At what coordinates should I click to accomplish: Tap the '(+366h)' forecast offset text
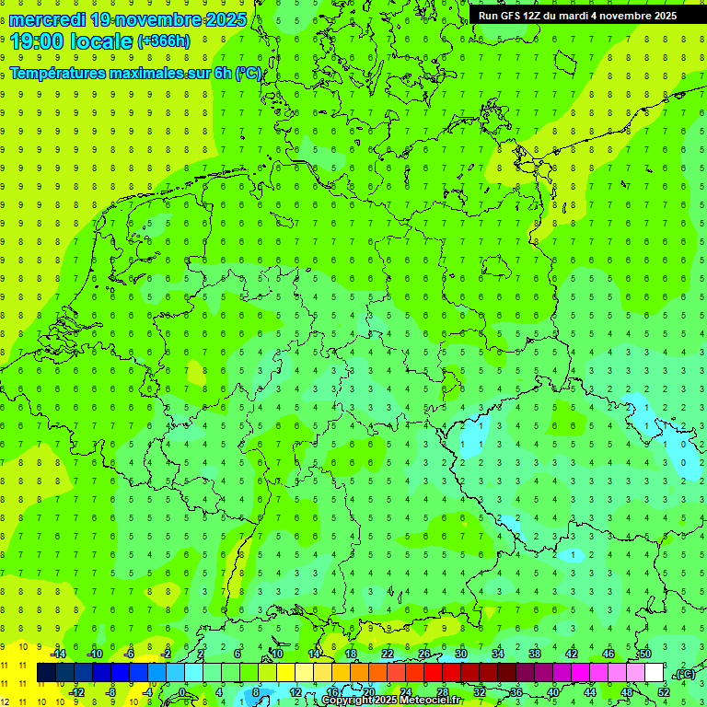pyautogui.click(x=163, y=41)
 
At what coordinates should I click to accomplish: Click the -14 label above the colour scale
pyautogui.click(x=58, y=654)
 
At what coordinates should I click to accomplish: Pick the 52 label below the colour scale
pyautogui.click(x=664, y=691)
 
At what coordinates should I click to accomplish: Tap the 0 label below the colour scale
pyautogui.click(x=181, y=691)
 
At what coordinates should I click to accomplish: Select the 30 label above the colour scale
pyautogui.click(x=460, y=654)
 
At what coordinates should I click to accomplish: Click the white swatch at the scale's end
pyautogui.click(x=654, y=673)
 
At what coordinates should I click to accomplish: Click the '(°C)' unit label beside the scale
pyautogui.click(x=684, y=674)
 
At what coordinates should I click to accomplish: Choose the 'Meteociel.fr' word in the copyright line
pyautogui.click(x=431, y=701)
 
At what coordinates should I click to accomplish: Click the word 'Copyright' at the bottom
pyautogui.click(x=347, y=701)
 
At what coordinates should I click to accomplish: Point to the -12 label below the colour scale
pyautogui.click(x=76, y=691)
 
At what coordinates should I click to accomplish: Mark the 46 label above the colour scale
pyautogui.click(x=608, y=654)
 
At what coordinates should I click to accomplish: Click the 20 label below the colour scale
pyautogui.click(x=368, y=691)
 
